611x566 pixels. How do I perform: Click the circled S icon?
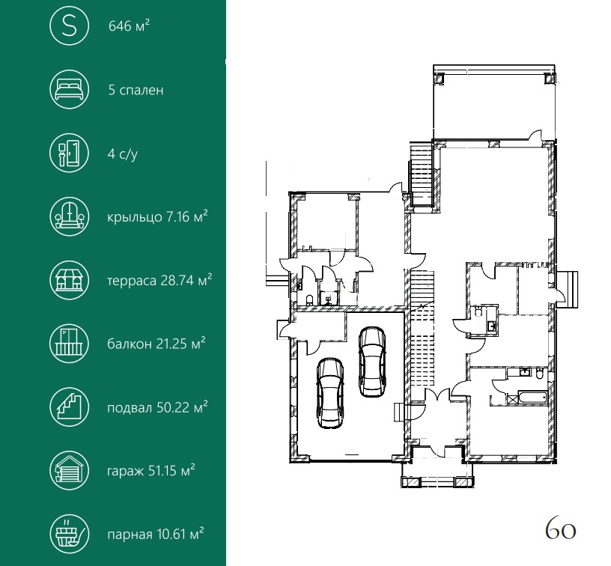(x=70, y=25)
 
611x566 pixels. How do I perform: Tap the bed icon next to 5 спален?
(x=70, y=89)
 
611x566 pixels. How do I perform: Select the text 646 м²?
(x=129, y=25)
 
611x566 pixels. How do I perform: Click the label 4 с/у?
(x=122, y=154)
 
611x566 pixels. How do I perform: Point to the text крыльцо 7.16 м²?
(x=157, y=216)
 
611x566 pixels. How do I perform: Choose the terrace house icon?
(x=70, y=280)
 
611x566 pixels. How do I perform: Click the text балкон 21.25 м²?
(x=156, y=344)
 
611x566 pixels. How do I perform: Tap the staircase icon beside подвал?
(x=70, y=407)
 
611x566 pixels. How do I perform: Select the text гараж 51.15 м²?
(x=151, y=471)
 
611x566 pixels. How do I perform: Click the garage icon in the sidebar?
(x=70, y=471)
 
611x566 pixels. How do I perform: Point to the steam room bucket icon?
(x=70, y=534)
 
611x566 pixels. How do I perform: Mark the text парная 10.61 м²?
(x=156, y=534)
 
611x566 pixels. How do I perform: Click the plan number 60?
(x=560, y=529)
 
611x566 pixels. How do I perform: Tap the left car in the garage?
(x=330, y=392)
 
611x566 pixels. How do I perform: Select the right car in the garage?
(x=372, y=362)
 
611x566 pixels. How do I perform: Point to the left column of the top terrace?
(x=439, y=79)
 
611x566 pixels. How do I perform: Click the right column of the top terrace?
(x=550, y=79)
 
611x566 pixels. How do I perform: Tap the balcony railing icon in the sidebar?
(x=70, y=344)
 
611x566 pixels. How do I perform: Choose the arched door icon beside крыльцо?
(x=70, y=216)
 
